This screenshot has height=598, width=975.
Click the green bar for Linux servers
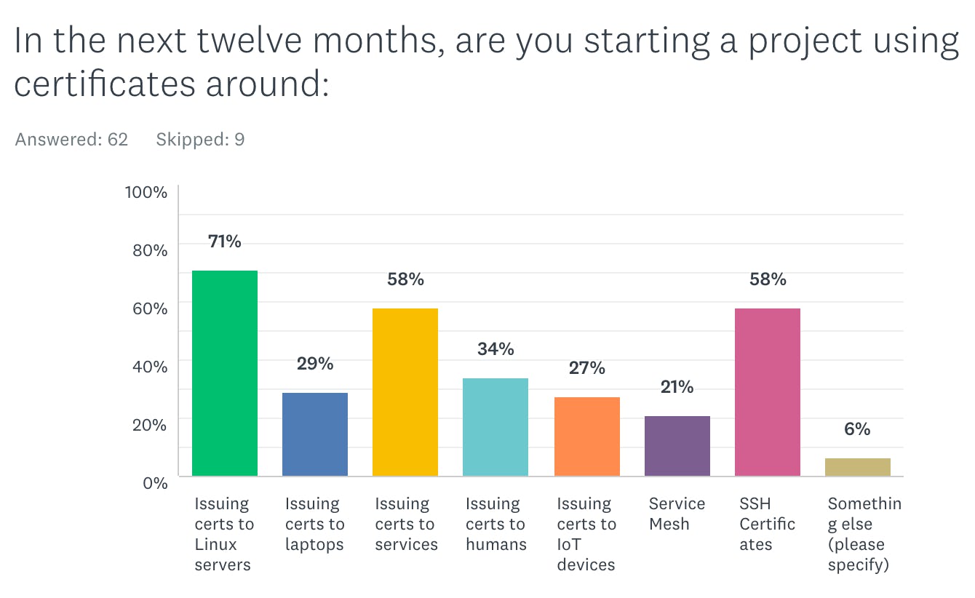[x=224, y=373]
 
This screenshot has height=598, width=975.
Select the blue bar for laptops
[x=314, y=434]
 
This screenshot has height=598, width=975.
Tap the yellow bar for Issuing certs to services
[x=405, y=392]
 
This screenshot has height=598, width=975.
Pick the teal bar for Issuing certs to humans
[x=495, y=427]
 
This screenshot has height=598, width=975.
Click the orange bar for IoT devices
[x=586, y=436]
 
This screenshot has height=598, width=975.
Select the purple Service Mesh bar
[x=677, y=446]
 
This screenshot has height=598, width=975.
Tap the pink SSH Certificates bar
[x=767, y=392]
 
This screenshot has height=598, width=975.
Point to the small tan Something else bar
[x=857, y=467]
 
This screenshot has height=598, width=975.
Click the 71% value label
[x=224, y=242]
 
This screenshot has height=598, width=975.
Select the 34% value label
[x=496, y=349]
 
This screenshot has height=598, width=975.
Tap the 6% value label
[x=857, y=429]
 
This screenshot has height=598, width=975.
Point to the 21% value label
[x=677, y=387]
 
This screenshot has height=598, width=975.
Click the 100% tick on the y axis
[x=146, y=193]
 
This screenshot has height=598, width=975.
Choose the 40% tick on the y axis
[x=149, y=366]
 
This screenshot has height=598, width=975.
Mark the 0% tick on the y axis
[x=154, y=482]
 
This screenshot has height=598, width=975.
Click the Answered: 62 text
[x=71, y=140]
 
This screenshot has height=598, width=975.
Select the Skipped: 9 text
[x=200, y=140]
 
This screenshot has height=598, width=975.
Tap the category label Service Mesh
[x=677, y=514]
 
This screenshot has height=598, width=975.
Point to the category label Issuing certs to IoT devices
[x=586, y=534]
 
